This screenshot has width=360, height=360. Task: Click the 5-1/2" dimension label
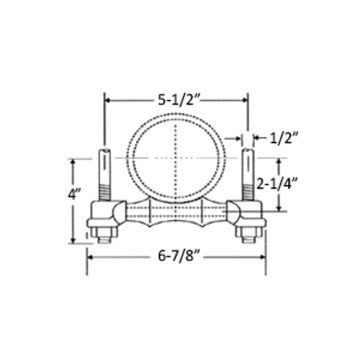click(x=177, y=100)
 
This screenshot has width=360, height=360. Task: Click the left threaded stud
click(x=105, y=176)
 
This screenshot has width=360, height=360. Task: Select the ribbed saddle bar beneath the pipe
click(x=176, y=213)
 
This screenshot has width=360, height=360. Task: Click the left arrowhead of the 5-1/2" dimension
click(x=108, y=100)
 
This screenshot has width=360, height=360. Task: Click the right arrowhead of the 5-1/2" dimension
click(x=245, y=100)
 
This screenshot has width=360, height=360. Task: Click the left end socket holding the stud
click(x=104, y=213)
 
